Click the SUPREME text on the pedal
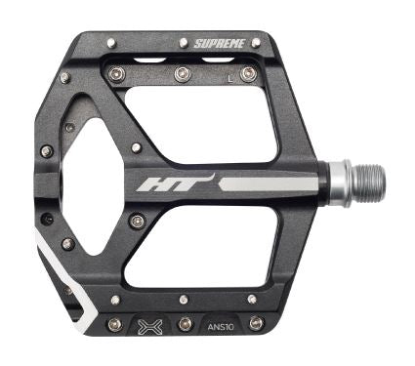219,43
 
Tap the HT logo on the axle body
176,183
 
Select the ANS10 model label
221,326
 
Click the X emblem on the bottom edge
149,326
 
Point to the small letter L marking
230,79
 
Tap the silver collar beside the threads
341,183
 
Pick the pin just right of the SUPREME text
256,42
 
